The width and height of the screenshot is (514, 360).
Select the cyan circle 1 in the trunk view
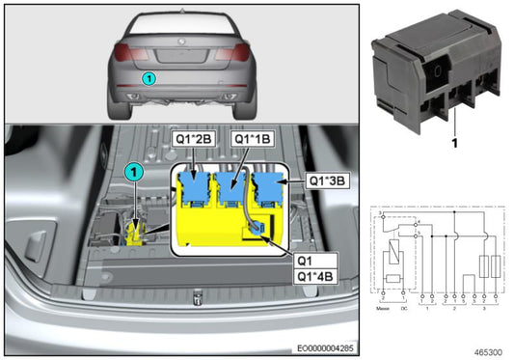[x=134, y=172]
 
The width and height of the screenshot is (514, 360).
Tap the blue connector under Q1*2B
[x=197, y=186]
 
